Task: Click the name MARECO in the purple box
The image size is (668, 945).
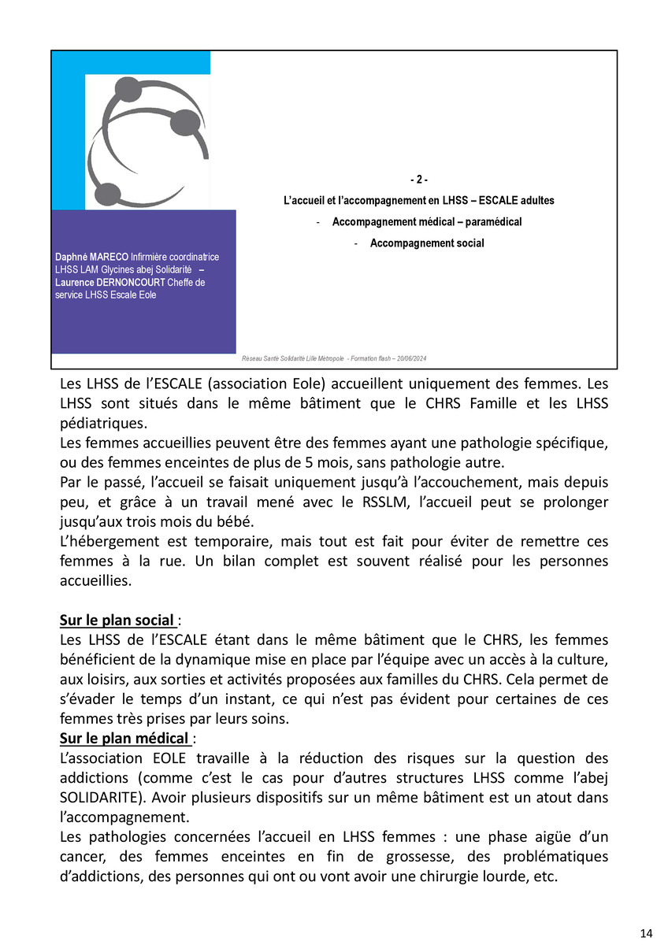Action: click(x=109, y=258)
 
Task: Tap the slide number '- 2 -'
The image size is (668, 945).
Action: click(x=419, y=180)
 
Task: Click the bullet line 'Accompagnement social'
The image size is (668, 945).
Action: click(x=427, y=243)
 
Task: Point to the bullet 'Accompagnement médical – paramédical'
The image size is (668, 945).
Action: click(x=427, y=222)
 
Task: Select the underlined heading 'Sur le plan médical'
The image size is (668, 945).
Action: click(x=123, y=739)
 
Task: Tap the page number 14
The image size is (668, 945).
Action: click(x=646, y=933)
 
